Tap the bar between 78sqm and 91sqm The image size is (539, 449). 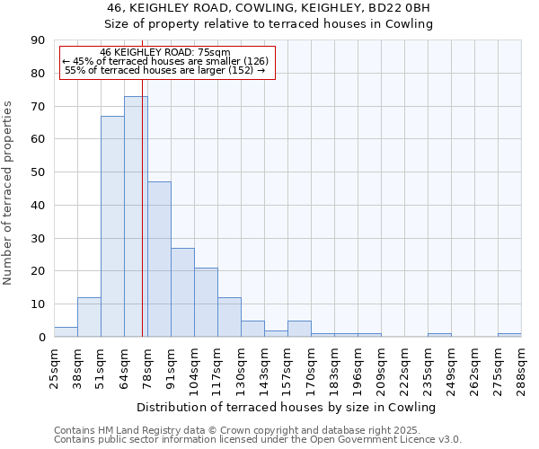(159, 260)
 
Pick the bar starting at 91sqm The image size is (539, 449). (182, 292)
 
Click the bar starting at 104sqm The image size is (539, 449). (206, 302)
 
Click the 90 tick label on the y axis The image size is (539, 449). (39, 40)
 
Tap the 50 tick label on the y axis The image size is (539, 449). (39, 172)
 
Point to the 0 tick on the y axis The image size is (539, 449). (42, 337)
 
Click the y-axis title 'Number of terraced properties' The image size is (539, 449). (8, 192)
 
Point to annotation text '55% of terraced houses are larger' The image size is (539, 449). (165, 70)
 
